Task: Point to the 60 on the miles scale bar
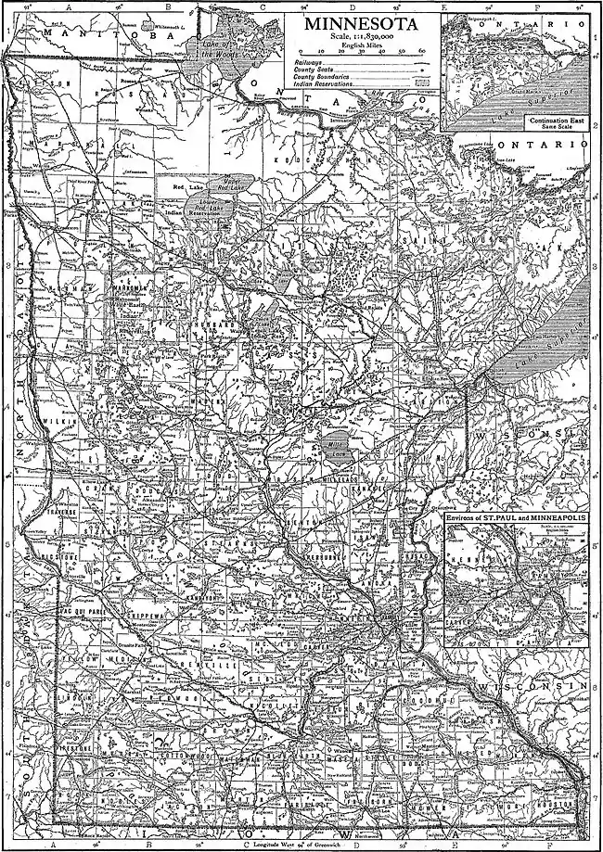[422, 51]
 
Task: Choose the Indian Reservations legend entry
[324, 83]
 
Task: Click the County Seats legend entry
[311, 69]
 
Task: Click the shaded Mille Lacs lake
[338, 439]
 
